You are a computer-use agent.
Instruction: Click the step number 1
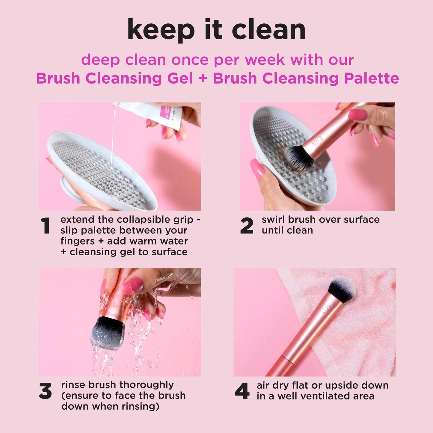click(46, 226)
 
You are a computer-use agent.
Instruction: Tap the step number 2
click(247, 226)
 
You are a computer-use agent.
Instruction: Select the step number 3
click(45, 391)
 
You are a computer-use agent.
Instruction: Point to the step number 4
click(242, 391)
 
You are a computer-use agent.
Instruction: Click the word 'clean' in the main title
click(268, 30)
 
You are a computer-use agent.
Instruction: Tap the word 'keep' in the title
click(161, 30)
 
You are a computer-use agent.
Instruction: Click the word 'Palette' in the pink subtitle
click(371, 79)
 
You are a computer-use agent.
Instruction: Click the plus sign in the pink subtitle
click(203, 79)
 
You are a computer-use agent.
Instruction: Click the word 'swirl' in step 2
click(273, 220)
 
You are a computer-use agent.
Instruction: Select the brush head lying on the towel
click(342, 289)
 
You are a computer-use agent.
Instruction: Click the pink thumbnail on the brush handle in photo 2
click(357, 114)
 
